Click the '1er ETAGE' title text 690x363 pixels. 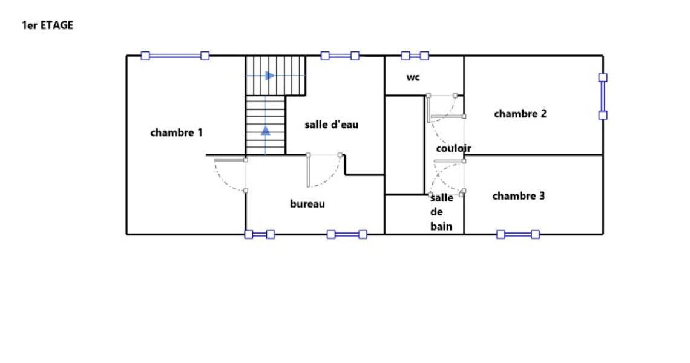point(47,25)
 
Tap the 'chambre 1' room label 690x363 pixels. point(176,132)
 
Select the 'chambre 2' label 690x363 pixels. point(521,113)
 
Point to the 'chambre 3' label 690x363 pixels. point(519,196)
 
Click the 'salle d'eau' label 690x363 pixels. point(332,125)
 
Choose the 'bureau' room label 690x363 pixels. point(307,204)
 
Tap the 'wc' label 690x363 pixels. point(413,77)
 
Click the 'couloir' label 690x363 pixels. point(453,148)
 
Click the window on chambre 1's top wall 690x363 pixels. point(175,56)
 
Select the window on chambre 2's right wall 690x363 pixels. point(603,96)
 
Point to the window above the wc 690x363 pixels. point(415,56)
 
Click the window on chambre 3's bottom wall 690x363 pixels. point(518,234)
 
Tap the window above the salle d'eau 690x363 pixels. point(340,56)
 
